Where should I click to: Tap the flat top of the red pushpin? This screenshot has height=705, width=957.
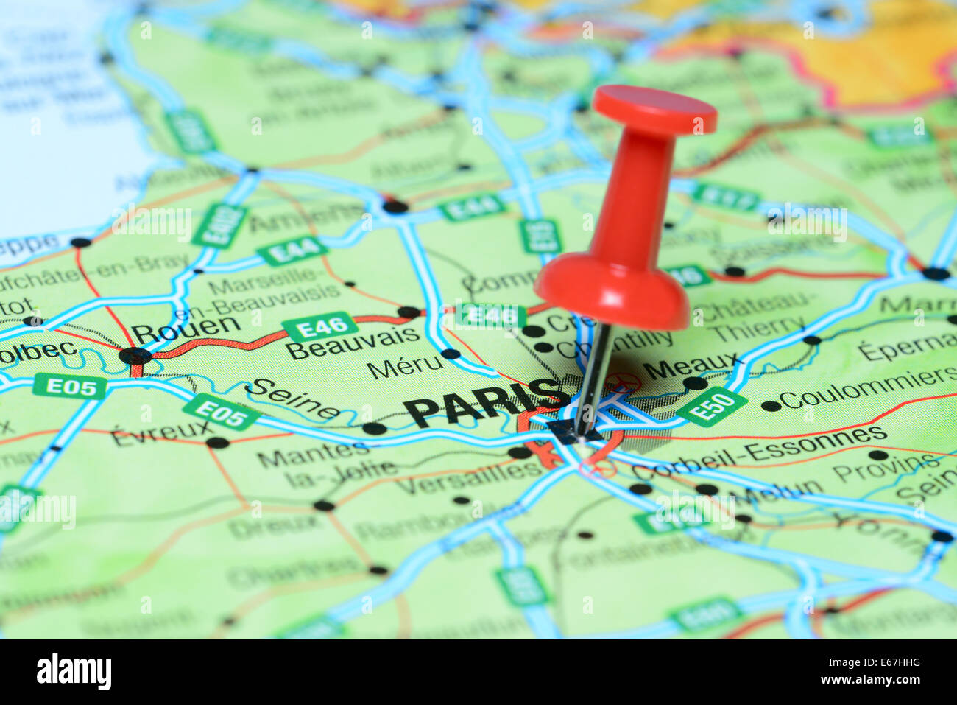654,109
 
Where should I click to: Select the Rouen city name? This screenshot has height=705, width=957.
186,328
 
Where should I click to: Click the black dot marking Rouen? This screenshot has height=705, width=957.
135,357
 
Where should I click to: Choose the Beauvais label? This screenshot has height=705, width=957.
353,343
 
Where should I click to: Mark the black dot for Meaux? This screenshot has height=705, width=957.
694,383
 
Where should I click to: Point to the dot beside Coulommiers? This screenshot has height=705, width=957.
771,406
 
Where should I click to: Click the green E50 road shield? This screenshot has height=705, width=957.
711,407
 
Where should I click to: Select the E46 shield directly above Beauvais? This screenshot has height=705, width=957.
320,326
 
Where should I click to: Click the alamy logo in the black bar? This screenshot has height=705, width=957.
74,672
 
